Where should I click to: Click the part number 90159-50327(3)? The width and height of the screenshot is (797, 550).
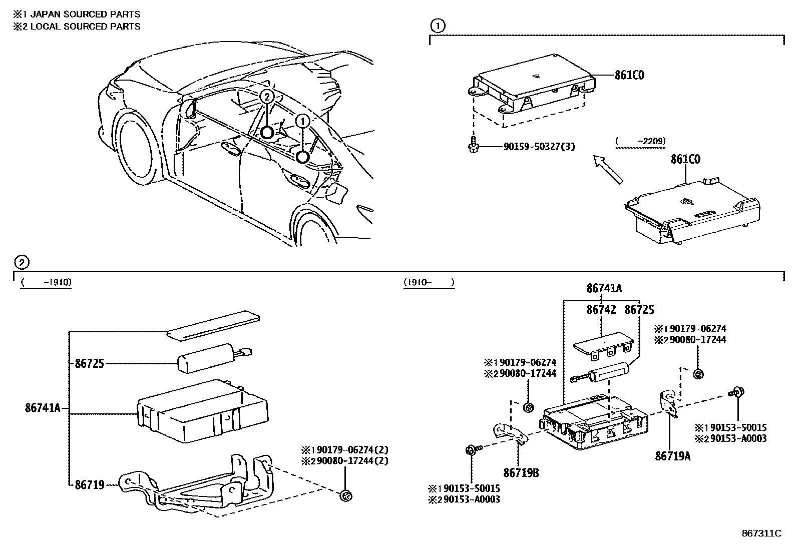click(x=539, y=147)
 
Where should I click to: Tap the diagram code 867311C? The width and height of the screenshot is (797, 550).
click(x=761, y=533)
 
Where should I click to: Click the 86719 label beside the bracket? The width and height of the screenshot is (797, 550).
click(x=89, y=484)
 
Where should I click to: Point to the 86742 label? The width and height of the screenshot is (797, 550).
click(x=601, y=310)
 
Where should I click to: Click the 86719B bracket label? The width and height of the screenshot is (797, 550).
click(x=521, y=472)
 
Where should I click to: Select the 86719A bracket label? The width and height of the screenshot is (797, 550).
click(x=672, y=456)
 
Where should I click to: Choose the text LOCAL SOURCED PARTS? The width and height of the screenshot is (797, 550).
click(x=85, y=27)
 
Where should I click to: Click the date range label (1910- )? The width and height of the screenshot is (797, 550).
click(x=429, y=283)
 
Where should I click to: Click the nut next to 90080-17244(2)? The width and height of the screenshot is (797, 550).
click(x=345, y=496)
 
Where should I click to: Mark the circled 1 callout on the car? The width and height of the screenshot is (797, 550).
click(x=302, y=121)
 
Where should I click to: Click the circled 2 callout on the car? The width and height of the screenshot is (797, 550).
click(x=267, y=97)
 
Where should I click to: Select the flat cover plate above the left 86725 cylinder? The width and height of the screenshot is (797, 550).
click(x=214, y=325)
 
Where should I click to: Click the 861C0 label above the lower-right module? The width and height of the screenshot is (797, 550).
click(x=685, y=159)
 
